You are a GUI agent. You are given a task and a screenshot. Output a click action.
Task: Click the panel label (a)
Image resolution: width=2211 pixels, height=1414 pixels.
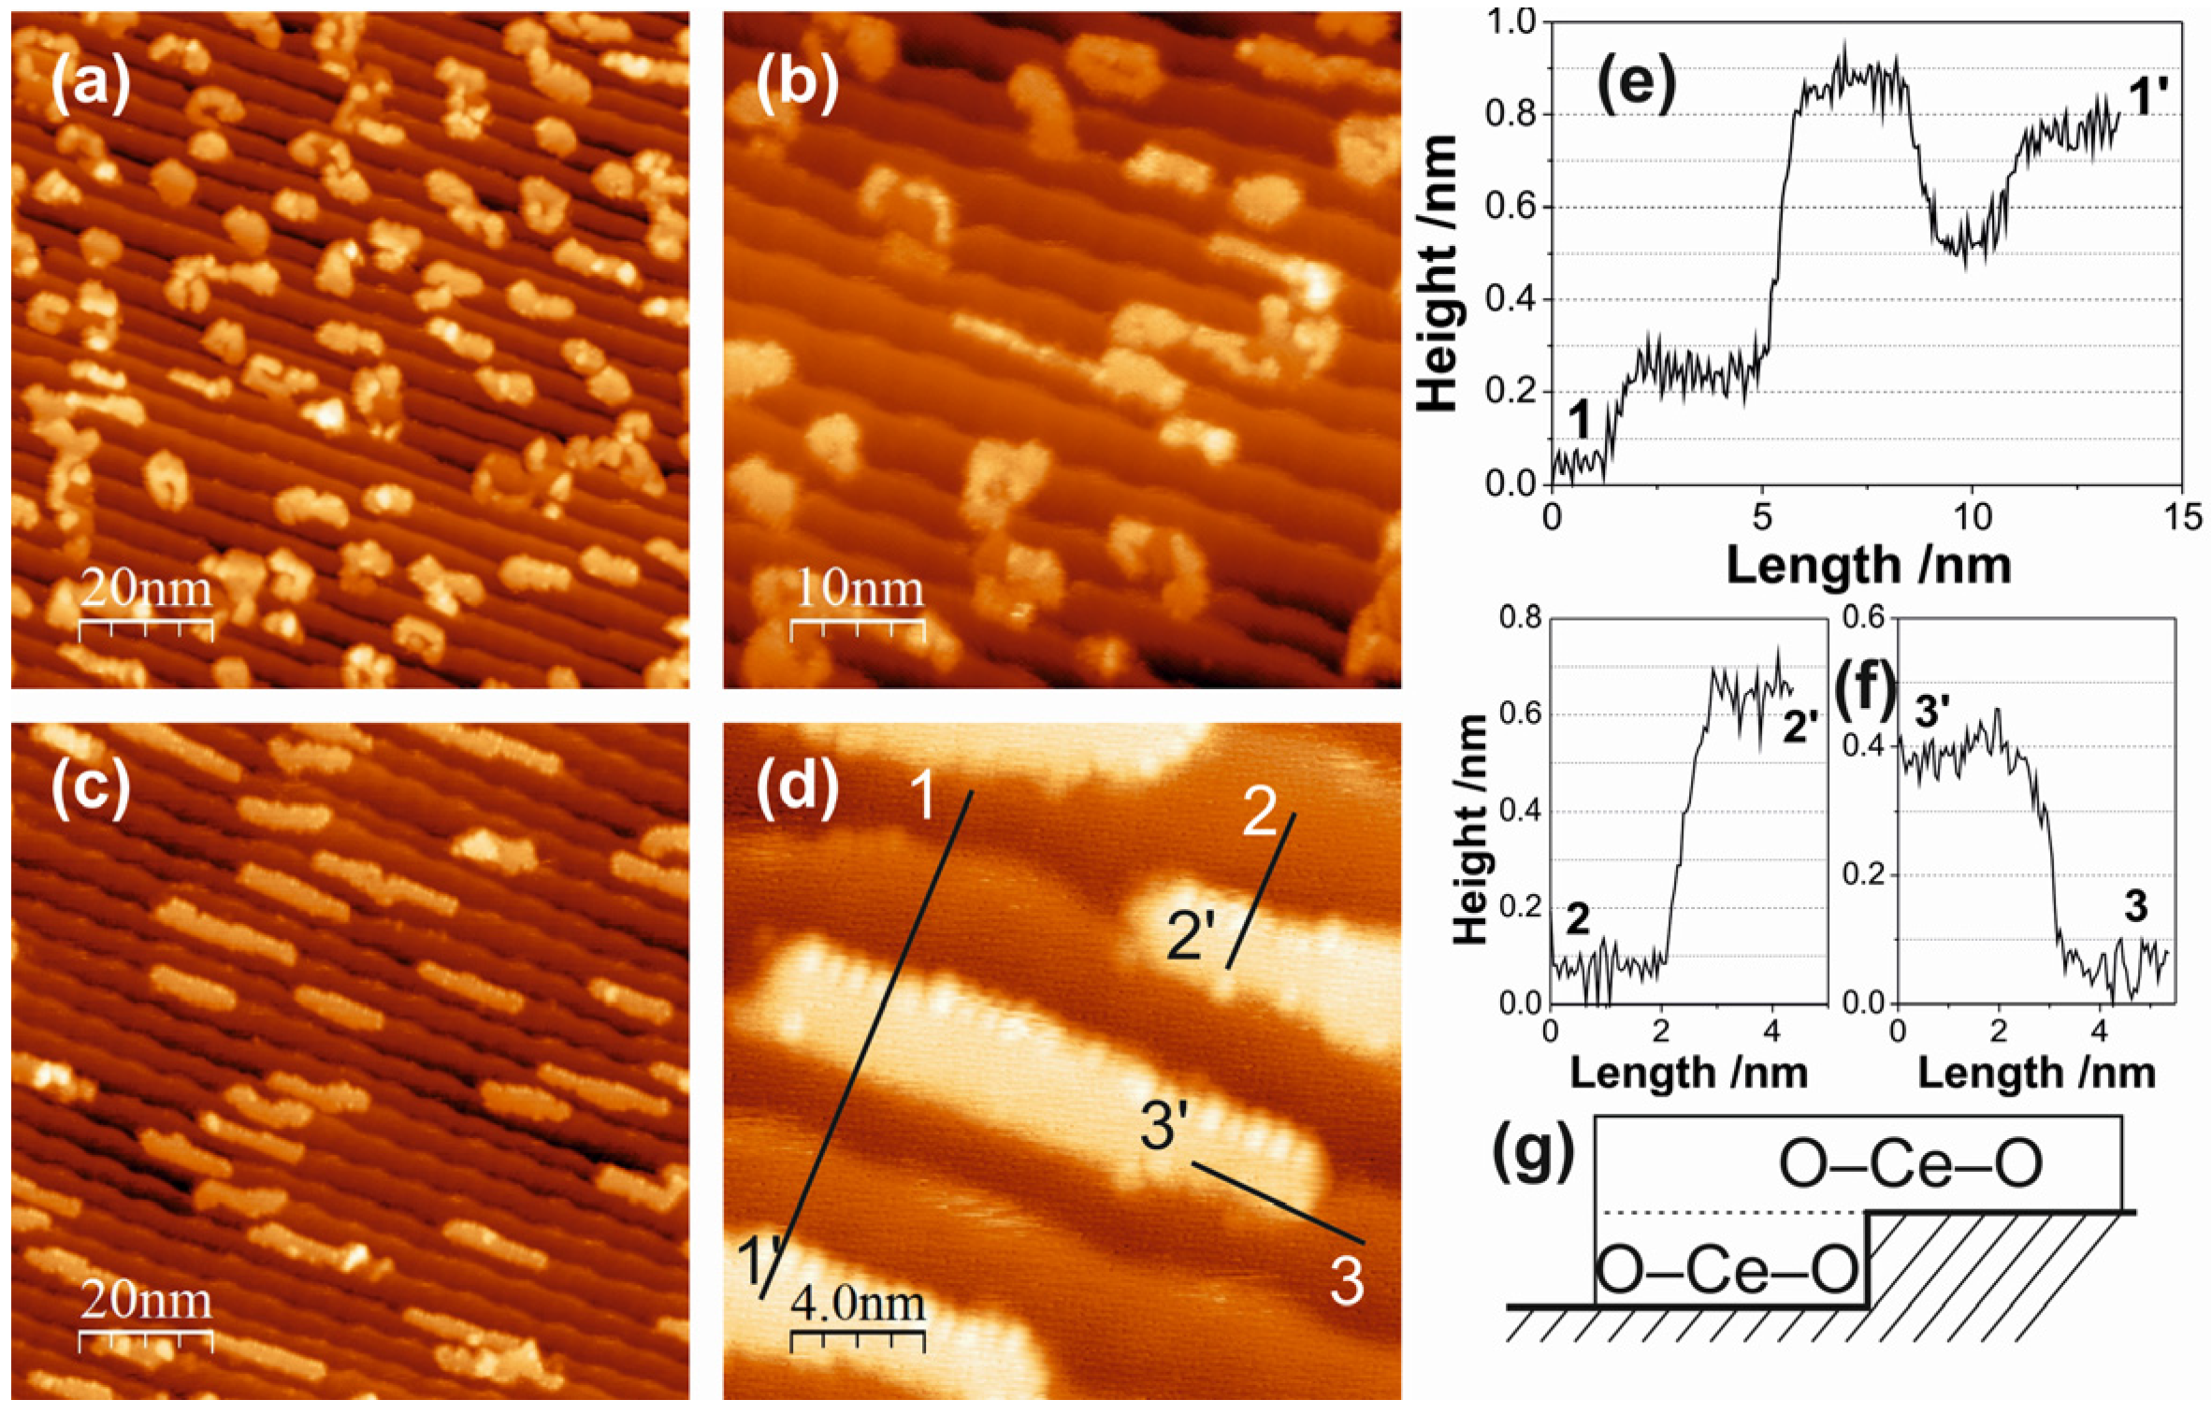coord(91,91)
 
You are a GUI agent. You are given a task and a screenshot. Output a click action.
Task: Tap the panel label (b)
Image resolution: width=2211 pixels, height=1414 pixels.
coord(798,91)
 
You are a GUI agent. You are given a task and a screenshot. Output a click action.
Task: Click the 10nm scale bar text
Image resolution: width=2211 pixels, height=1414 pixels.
coord(859,589)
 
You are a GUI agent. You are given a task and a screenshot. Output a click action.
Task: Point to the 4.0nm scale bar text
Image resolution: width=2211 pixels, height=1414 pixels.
coord(857,1303)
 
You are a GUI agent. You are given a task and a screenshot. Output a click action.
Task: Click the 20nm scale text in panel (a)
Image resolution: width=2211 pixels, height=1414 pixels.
coord(145,589)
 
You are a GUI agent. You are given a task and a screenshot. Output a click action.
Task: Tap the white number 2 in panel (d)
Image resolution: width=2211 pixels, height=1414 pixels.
coord(1260,813)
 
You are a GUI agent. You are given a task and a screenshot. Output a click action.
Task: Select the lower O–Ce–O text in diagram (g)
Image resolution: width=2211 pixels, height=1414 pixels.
coord(1726,1273)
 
